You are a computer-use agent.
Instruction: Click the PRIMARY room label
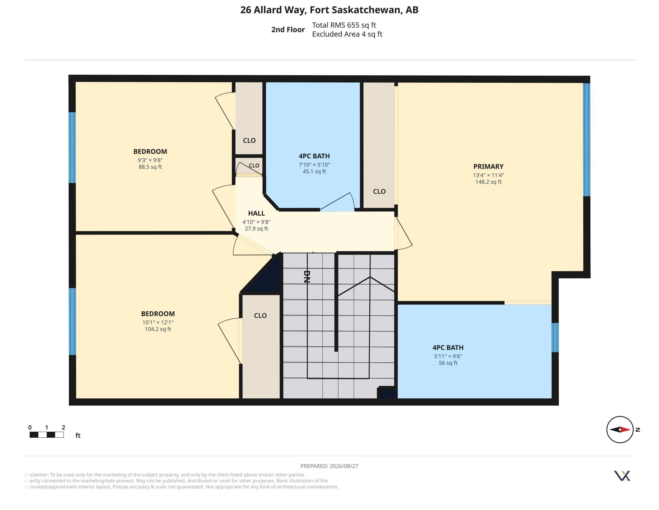pos(488,166)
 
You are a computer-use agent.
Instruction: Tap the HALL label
pos(256,213)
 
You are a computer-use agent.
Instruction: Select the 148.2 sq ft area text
pos(488,182)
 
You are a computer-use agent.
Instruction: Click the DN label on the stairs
pos(307,277)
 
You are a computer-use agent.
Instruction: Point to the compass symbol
pos(620,429)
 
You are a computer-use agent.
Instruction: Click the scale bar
pos(46,435)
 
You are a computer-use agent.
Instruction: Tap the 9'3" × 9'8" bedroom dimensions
pos(150,160)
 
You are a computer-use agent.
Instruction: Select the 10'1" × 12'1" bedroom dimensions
pos(158,322)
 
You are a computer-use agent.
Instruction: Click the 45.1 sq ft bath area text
pos(314,172)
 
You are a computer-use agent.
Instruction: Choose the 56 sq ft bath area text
pos(448,363)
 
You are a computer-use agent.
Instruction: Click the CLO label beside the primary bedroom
pos(379,192)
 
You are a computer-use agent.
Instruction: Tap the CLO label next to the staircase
pos(260,316)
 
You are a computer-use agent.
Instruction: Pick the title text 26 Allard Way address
pos(329,10)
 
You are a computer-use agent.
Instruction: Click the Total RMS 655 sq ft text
pos(344,25)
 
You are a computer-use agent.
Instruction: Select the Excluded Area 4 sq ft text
pos(347,34)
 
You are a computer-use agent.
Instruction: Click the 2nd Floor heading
pos(288,30)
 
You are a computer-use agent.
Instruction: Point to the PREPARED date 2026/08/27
pos(329,466)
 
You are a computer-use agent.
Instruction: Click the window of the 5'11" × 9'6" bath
pos(555,337)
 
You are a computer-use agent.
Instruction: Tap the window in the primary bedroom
pos(587,139)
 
